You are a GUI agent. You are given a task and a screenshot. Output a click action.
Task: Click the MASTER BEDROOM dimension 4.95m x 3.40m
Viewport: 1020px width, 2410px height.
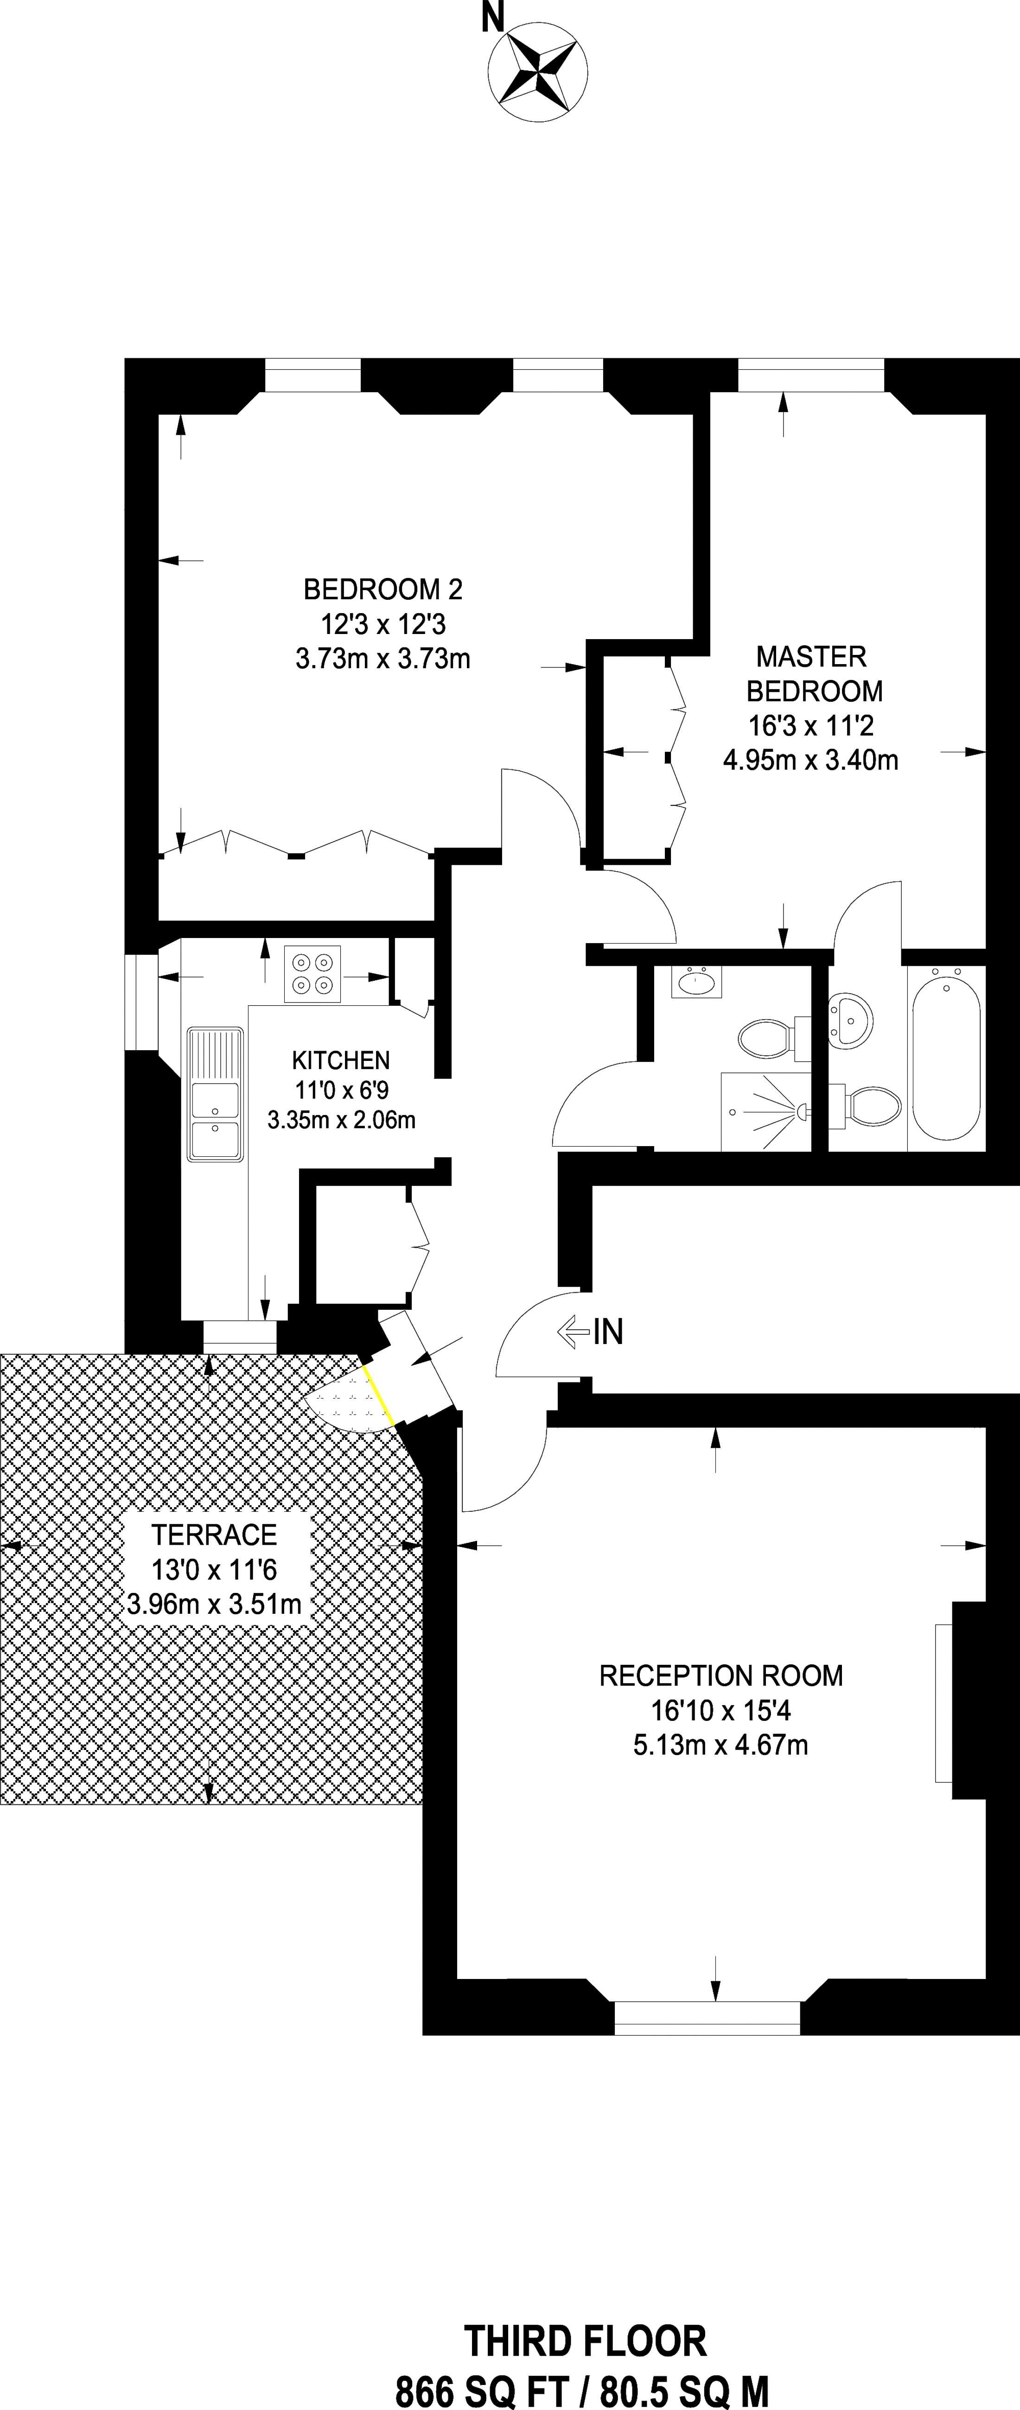click(x=810, y=760)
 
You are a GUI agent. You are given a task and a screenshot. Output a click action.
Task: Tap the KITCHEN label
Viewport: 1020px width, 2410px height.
click(x=341, y=1060)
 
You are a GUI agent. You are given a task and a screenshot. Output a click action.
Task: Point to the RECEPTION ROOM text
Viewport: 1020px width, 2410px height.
click(x=720, y=1674)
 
